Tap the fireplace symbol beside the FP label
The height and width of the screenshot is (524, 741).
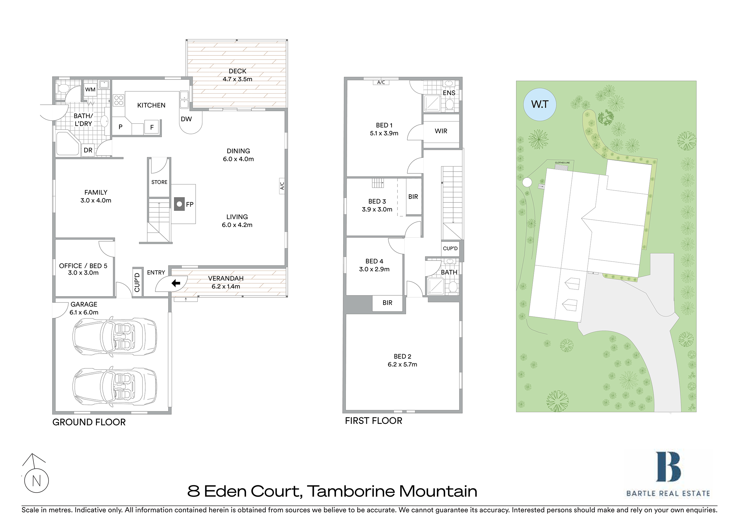point(179,204)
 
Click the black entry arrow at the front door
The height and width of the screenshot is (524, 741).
point(176,283)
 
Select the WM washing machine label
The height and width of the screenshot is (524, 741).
point(90,90)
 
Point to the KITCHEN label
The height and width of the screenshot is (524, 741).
point(151,105)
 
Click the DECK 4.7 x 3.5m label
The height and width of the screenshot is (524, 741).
point(237,75)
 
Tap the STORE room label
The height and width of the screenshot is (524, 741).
point(159,182)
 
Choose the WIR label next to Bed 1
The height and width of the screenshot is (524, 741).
point(441,131)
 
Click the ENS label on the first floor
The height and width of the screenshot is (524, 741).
point(449,93)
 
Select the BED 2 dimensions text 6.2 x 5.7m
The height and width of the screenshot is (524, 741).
point(403,364)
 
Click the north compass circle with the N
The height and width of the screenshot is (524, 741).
point(36,480)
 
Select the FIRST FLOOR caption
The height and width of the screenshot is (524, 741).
point(374,421)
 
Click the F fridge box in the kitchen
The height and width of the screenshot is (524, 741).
point(152,127)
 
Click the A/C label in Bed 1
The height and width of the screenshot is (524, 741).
point(381,82)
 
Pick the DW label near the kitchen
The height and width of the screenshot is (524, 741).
point(186,119)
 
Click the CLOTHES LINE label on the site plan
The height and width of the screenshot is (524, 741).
point(562,163)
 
